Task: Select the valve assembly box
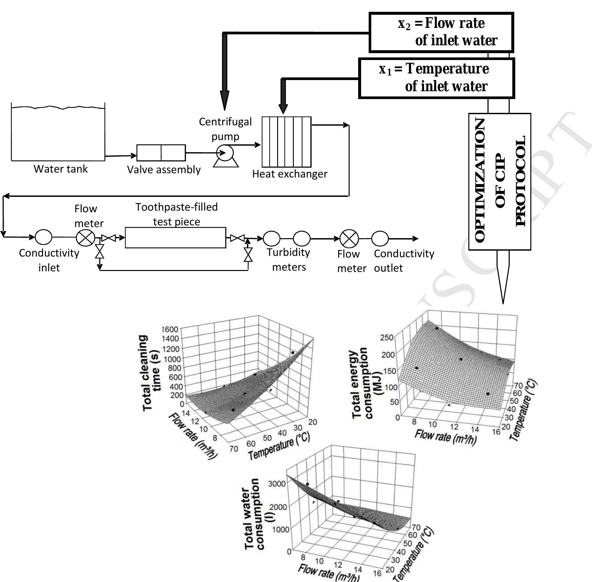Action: (161, 153)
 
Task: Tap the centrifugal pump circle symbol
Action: (225, 153)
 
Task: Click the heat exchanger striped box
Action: (286, 142)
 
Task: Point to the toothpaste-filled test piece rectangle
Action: (175, 238)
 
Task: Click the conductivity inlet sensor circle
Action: (43, 237)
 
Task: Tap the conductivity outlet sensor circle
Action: (380, 239)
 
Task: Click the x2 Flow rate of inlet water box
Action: (441, 32)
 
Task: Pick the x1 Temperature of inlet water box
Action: (436, 78)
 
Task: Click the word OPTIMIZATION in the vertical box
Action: (480, 181)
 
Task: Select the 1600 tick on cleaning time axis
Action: (170, 329)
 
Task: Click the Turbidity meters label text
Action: (289, 260)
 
